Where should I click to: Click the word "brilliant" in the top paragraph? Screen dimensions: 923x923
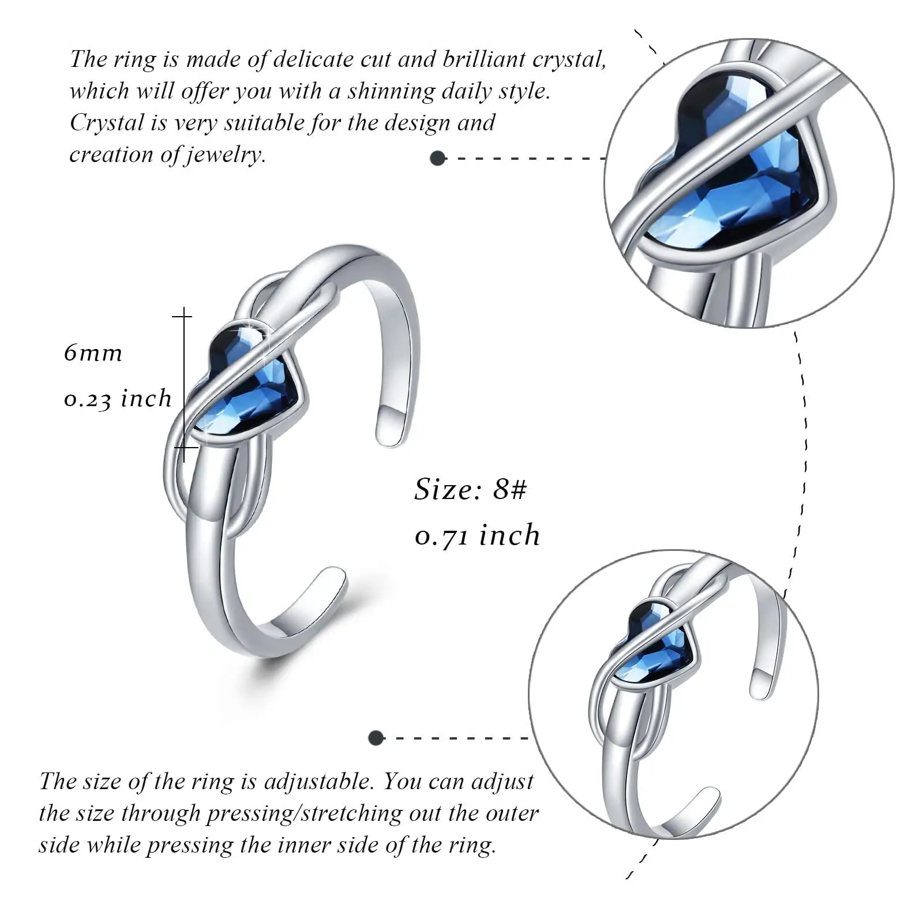(x=483, y=59)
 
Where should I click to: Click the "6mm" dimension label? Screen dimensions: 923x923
(x=93, y=352)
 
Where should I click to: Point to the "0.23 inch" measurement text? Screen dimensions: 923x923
(x=118, y=399)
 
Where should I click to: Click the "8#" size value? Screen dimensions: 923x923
(x=510, y=490)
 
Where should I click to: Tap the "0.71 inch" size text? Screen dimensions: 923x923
(x=477, y=535)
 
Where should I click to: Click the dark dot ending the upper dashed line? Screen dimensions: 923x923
(x=438, y=158)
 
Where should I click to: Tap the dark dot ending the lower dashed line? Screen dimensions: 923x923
(x=376, y=737)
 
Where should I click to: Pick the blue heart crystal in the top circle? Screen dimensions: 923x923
(x=744, y=167)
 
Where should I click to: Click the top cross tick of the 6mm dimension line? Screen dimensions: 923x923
(x=183, y=316)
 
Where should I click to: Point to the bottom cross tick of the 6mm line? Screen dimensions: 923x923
(x=184, y=447)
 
